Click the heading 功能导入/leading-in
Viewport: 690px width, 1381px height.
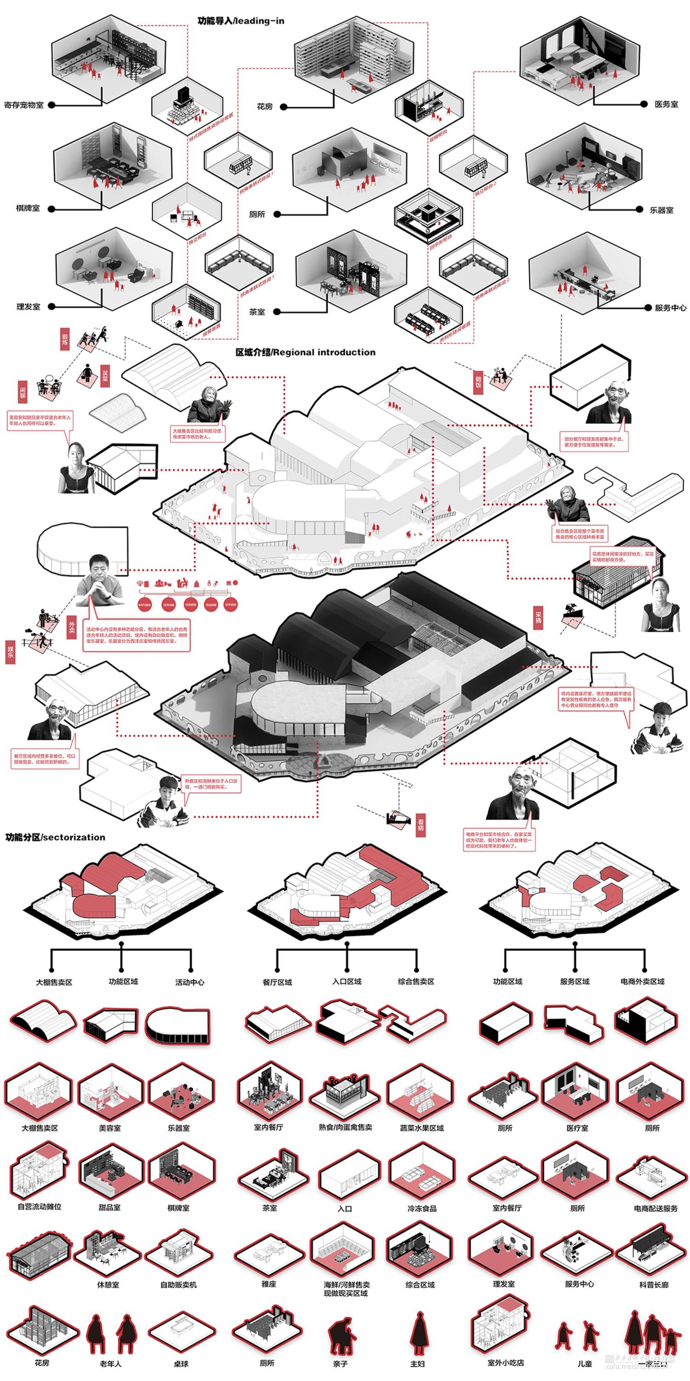241,21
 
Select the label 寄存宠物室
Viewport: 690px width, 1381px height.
23,105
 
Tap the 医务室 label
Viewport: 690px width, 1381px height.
666,104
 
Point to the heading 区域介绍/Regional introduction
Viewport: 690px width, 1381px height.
305,352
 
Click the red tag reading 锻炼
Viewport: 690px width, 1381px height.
65,341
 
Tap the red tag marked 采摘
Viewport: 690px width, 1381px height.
538,618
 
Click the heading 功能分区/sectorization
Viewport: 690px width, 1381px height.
55,837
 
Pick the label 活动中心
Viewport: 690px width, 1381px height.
190,982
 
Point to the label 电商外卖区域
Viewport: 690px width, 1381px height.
642,981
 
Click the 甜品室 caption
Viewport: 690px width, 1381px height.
109,1207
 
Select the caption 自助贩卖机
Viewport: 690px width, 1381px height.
178,1284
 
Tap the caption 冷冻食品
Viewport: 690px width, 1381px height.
422,1208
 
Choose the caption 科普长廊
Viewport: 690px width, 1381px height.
654,1284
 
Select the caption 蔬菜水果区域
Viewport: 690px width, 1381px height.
422,1127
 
